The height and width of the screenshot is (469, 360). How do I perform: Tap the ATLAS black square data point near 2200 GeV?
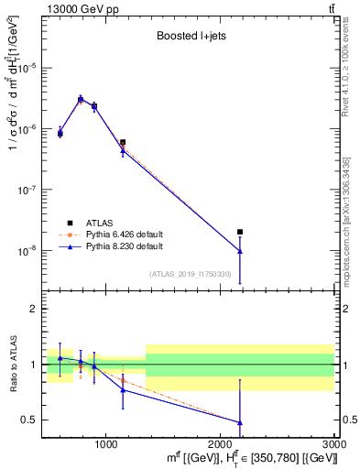[x=240, y=232]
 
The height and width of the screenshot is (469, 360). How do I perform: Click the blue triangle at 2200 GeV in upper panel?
[x=240, y=251]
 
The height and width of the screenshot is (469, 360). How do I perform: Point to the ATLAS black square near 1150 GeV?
[x=123, y=142]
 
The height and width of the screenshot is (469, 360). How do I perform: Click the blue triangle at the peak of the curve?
[x=81, y=99]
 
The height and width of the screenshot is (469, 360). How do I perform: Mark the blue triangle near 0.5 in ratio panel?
[x=240, y=422]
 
